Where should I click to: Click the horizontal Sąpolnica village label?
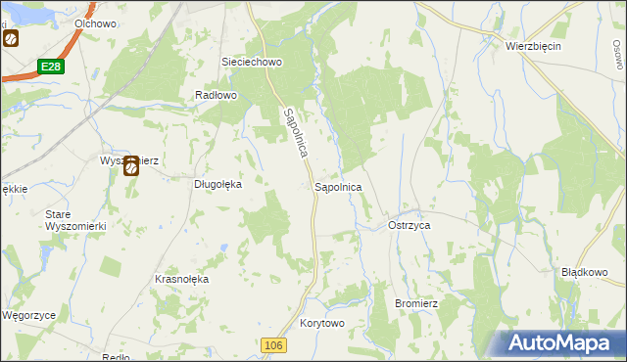(x=338, y=186)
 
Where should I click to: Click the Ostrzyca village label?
(x=410, y=225)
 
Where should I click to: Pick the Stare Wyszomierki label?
(x=68, y=219)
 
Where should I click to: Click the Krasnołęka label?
(x=182, y=279)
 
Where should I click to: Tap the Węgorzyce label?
(x=26, y=316)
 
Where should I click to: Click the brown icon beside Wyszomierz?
(x=130, y=167)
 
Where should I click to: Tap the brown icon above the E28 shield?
(x=11, y=40)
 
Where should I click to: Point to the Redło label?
(x=116, y=357)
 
